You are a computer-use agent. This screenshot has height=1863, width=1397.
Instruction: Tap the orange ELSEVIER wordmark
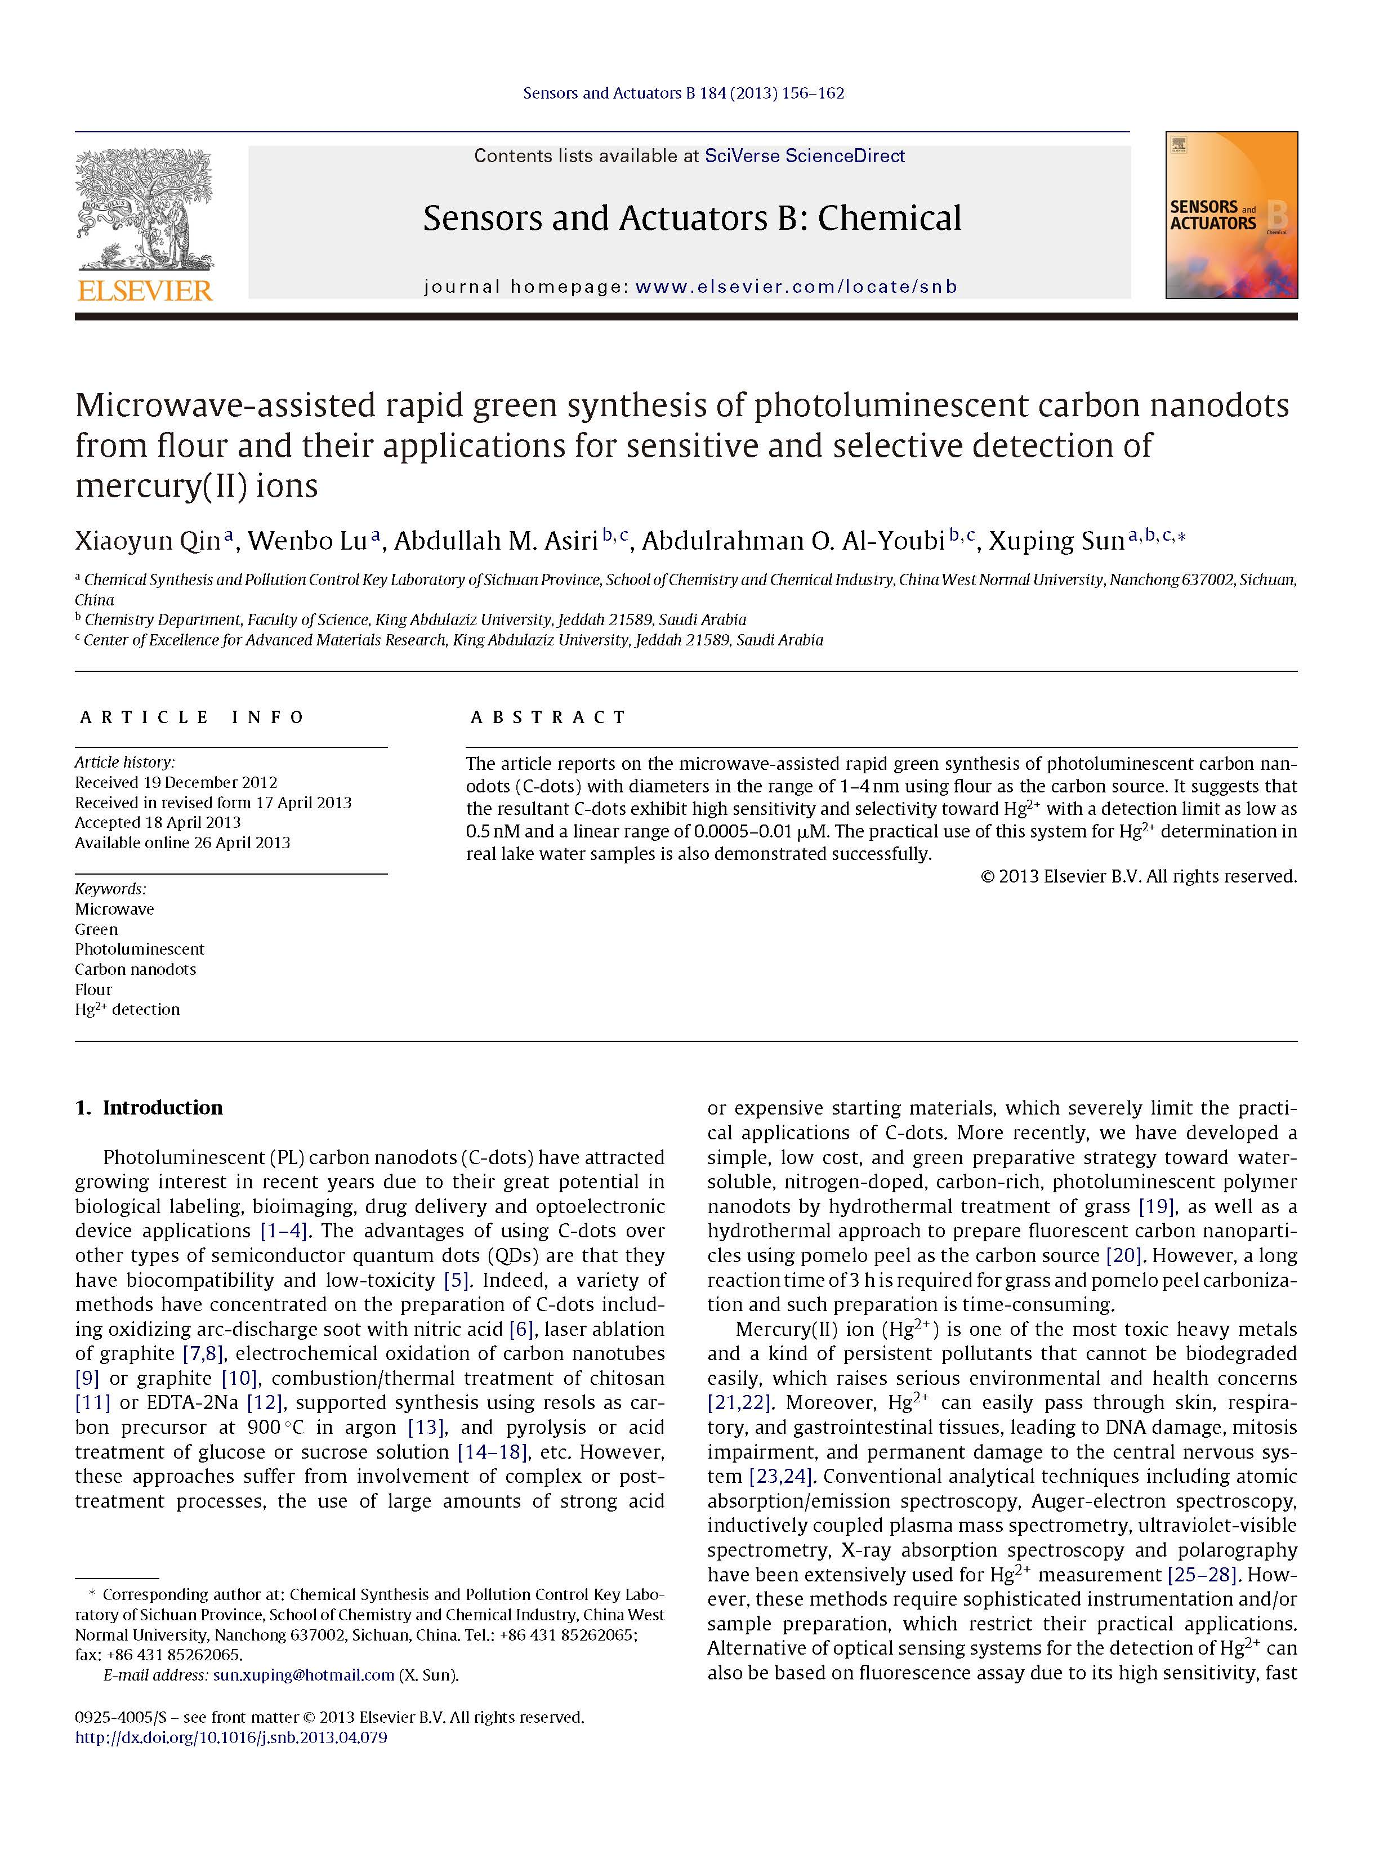[x=145, y=291]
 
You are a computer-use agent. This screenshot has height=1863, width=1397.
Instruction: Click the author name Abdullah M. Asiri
[x=495, y=541]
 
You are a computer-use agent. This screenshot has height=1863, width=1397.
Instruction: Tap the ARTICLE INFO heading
[x=192, y=717]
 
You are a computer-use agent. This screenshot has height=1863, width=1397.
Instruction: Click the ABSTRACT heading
[x=548, y=717]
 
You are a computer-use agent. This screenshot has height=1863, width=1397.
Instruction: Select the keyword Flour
[x=93, y=990]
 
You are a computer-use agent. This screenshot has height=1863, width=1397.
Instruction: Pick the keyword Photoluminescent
[x=140, y=949]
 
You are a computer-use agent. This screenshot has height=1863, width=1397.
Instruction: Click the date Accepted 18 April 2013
[x=158, y=822]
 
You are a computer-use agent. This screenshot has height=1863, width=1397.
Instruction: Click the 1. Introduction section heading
[x=149, y=1108]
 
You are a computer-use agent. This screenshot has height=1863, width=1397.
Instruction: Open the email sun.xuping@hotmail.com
[x=303, y=1674]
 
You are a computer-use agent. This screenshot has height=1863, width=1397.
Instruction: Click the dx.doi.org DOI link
[x=231, y=1737]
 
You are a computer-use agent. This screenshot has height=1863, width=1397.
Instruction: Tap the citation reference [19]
[x=1157, y=1206]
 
